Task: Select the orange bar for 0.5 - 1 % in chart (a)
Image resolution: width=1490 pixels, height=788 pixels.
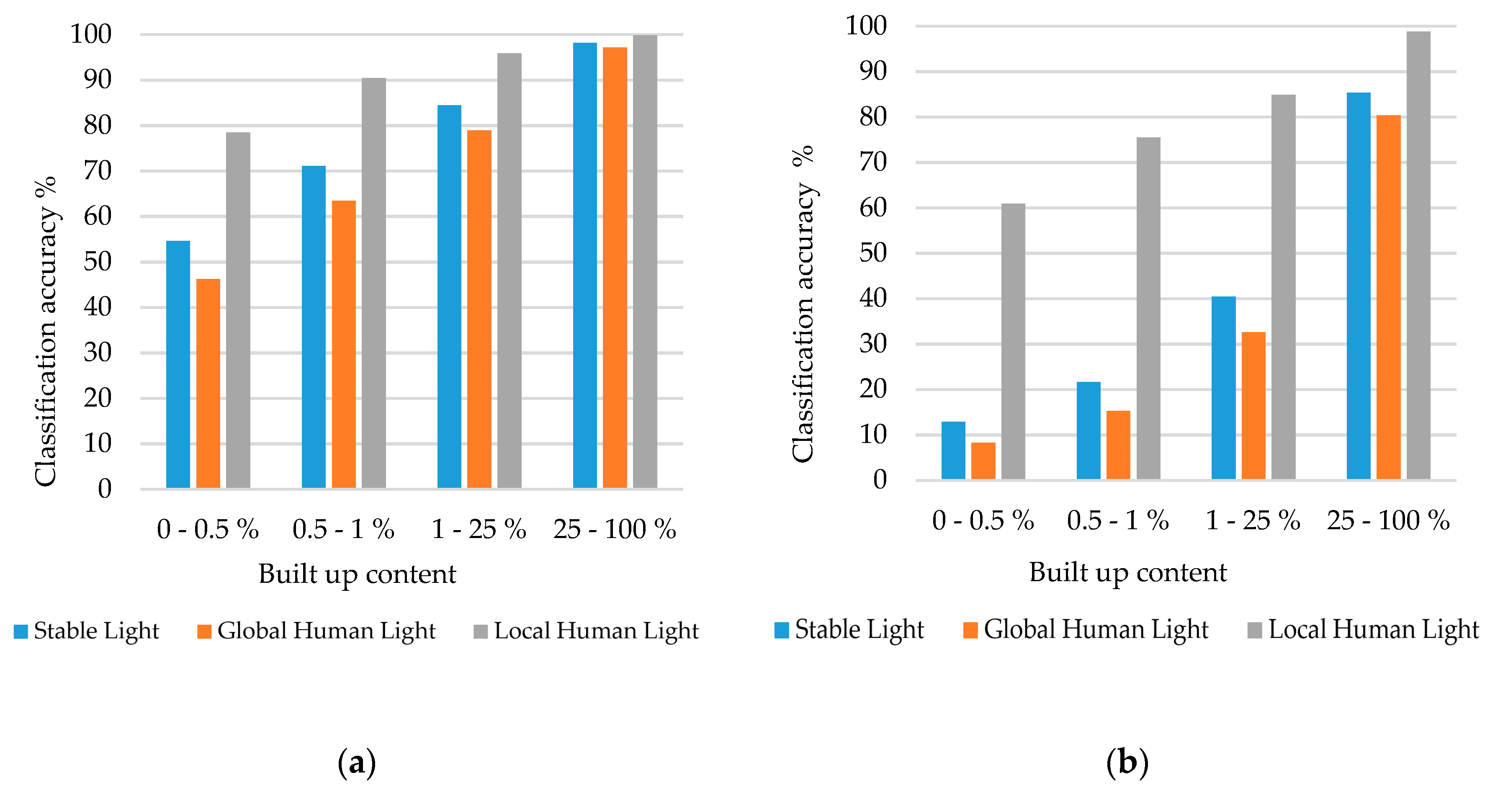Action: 344,344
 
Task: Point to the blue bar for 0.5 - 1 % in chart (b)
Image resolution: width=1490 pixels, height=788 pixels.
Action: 1088,430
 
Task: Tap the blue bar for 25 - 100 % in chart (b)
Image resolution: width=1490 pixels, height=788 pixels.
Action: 1358,286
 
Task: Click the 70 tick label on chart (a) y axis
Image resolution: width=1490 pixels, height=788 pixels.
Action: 97,171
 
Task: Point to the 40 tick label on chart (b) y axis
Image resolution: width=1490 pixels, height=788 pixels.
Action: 873,299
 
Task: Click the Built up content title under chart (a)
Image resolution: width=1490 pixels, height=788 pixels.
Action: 357,574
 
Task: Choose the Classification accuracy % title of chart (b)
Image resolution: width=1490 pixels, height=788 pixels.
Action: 803,304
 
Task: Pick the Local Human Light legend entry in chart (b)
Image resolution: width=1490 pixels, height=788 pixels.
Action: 1363,629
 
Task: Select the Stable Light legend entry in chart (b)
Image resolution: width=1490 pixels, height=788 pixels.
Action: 849,629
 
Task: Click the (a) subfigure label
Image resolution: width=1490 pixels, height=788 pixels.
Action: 357,762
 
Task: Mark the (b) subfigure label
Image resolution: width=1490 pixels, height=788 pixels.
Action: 1127,762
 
